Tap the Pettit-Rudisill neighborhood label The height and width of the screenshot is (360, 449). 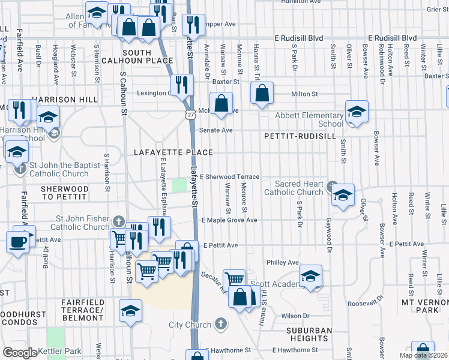tap(297, 136)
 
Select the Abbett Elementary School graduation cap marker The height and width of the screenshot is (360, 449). tap(356, 112)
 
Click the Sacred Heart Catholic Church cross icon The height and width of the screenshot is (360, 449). tap(330, 187)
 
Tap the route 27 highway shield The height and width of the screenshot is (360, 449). tap(190, 114)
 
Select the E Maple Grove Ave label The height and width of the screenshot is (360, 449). tap(229, 220)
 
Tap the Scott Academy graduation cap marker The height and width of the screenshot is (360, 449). tap(310, 276)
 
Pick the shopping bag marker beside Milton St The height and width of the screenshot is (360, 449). tap(262, 93)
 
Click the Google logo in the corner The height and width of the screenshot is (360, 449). tap(20, 353)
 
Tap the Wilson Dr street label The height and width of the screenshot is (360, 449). tap(295, 315)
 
